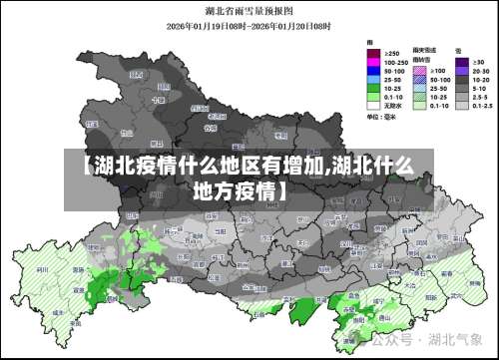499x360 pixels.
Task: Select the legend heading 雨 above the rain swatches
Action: coord(371,42)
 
